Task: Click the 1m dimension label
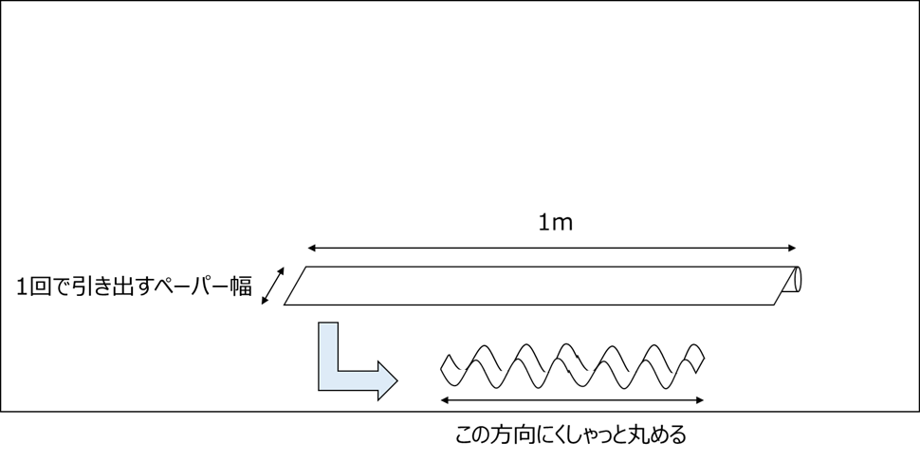coord(555,224)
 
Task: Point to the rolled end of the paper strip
coord(795,279)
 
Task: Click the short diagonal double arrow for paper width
coord(272,286)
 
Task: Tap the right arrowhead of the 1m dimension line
coord(792,249)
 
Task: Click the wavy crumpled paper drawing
coord(572,365)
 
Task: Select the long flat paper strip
coord(541,286)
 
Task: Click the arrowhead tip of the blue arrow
coord(396,379)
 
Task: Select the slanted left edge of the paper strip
coord(297,286)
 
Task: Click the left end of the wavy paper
coord(447,365)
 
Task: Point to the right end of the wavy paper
coord(700,356)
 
